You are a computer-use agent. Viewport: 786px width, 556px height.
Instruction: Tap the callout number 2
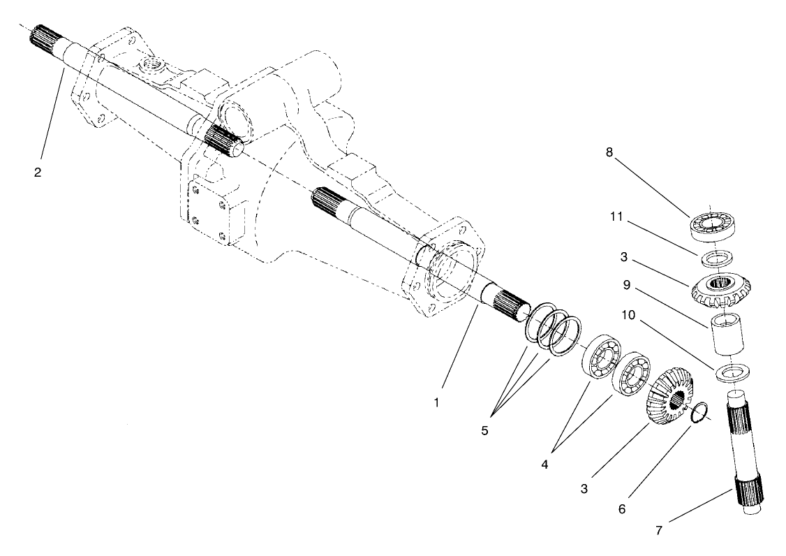(x=38, y=173)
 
